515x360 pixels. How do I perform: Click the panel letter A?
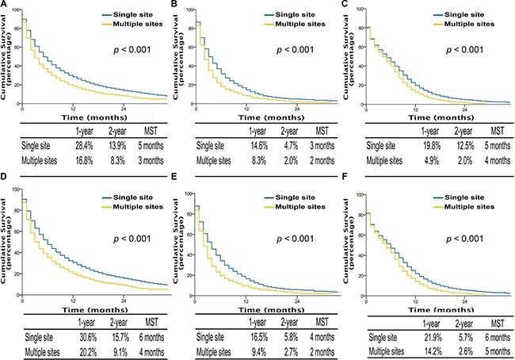[4, 6]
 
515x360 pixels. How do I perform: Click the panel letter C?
[346, 6]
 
